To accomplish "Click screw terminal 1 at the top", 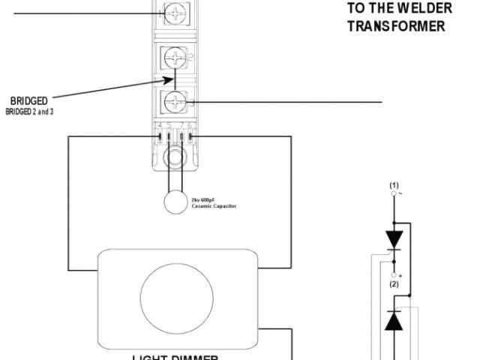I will pos(175,13).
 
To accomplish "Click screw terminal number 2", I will pos(175,56).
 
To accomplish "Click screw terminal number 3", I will pos(175,100).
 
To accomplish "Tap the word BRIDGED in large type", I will pos(30,100).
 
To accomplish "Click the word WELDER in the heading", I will pos(426,8).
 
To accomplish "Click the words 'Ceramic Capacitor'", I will pos(213,205).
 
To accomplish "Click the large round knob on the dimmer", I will pos(176,295).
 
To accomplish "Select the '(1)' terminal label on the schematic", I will pos(394,184).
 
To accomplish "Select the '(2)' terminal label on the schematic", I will pos(394,283).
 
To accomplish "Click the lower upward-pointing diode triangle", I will pos(394,321).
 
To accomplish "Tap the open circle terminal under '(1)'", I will pos(394,193).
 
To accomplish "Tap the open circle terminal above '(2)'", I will pos(394,274).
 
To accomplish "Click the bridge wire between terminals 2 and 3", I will pos(175,79).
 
